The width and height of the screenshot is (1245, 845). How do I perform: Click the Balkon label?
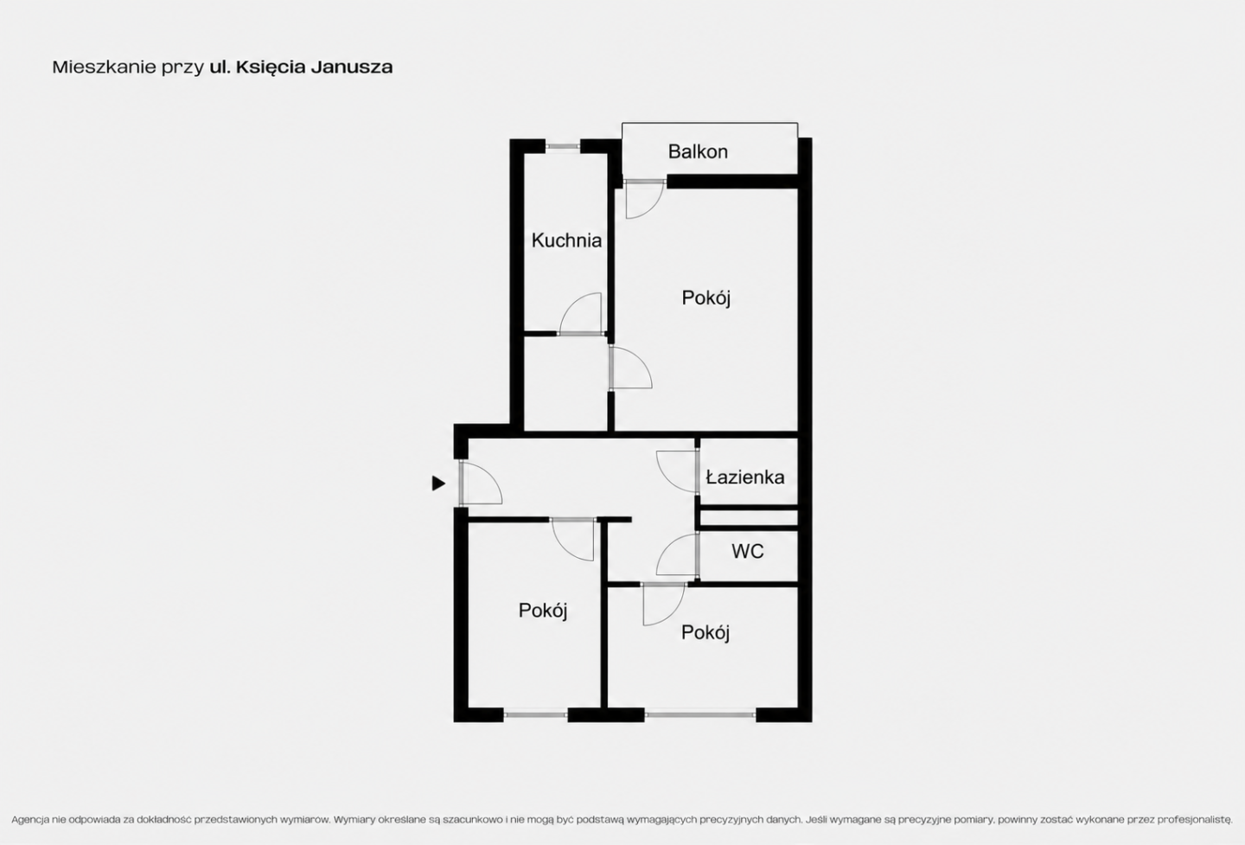click(x=698, y=151)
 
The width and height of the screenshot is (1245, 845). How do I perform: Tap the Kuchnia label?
click(x=566, y=240)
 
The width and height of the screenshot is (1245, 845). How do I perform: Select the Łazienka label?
click(x=745, y=477)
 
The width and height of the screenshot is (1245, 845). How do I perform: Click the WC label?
click(x=748, y=551)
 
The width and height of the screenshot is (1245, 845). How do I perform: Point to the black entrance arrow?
click(x=438, y=483)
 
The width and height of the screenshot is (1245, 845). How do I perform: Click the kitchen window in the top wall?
click(x=563, y=147)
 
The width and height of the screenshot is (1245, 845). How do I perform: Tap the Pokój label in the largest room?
click(x=705, y=298)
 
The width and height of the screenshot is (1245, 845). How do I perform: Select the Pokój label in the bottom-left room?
click(x=542, y=611)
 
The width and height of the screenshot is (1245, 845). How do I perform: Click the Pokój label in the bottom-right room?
click(x=705, y=632)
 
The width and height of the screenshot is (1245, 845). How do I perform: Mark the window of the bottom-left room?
click(x=536, y=714)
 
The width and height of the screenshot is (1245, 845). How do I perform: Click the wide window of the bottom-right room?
click(x=700, y=714)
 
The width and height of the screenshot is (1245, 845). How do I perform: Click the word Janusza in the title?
click(x=352, y=67)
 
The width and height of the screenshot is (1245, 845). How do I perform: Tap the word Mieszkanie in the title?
click(x=104, y=67)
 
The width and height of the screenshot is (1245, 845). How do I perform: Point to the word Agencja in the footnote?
click(x=29, y=820)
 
